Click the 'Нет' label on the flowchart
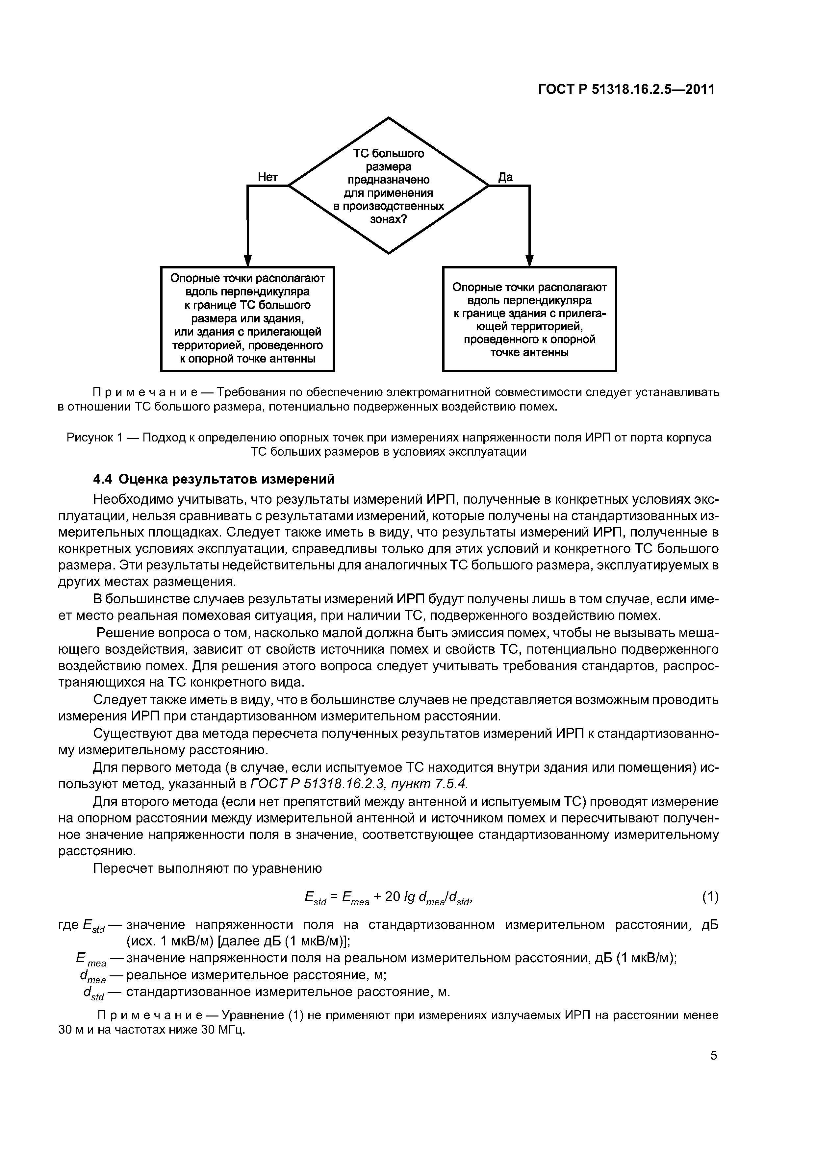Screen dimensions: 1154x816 [268, 177]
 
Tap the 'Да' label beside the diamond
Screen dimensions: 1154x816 [505, 177]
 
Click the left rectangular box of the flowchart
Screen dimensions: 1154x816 [247, 319]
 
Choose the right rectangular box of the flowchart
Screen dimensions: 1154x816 [529, 319]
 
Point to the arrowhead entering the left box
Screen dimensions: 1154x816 [247, 260]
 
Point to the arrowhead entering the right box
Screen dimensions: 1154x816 [529, 260]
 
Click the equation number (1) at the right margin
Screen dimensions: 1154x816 [710, 896]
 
